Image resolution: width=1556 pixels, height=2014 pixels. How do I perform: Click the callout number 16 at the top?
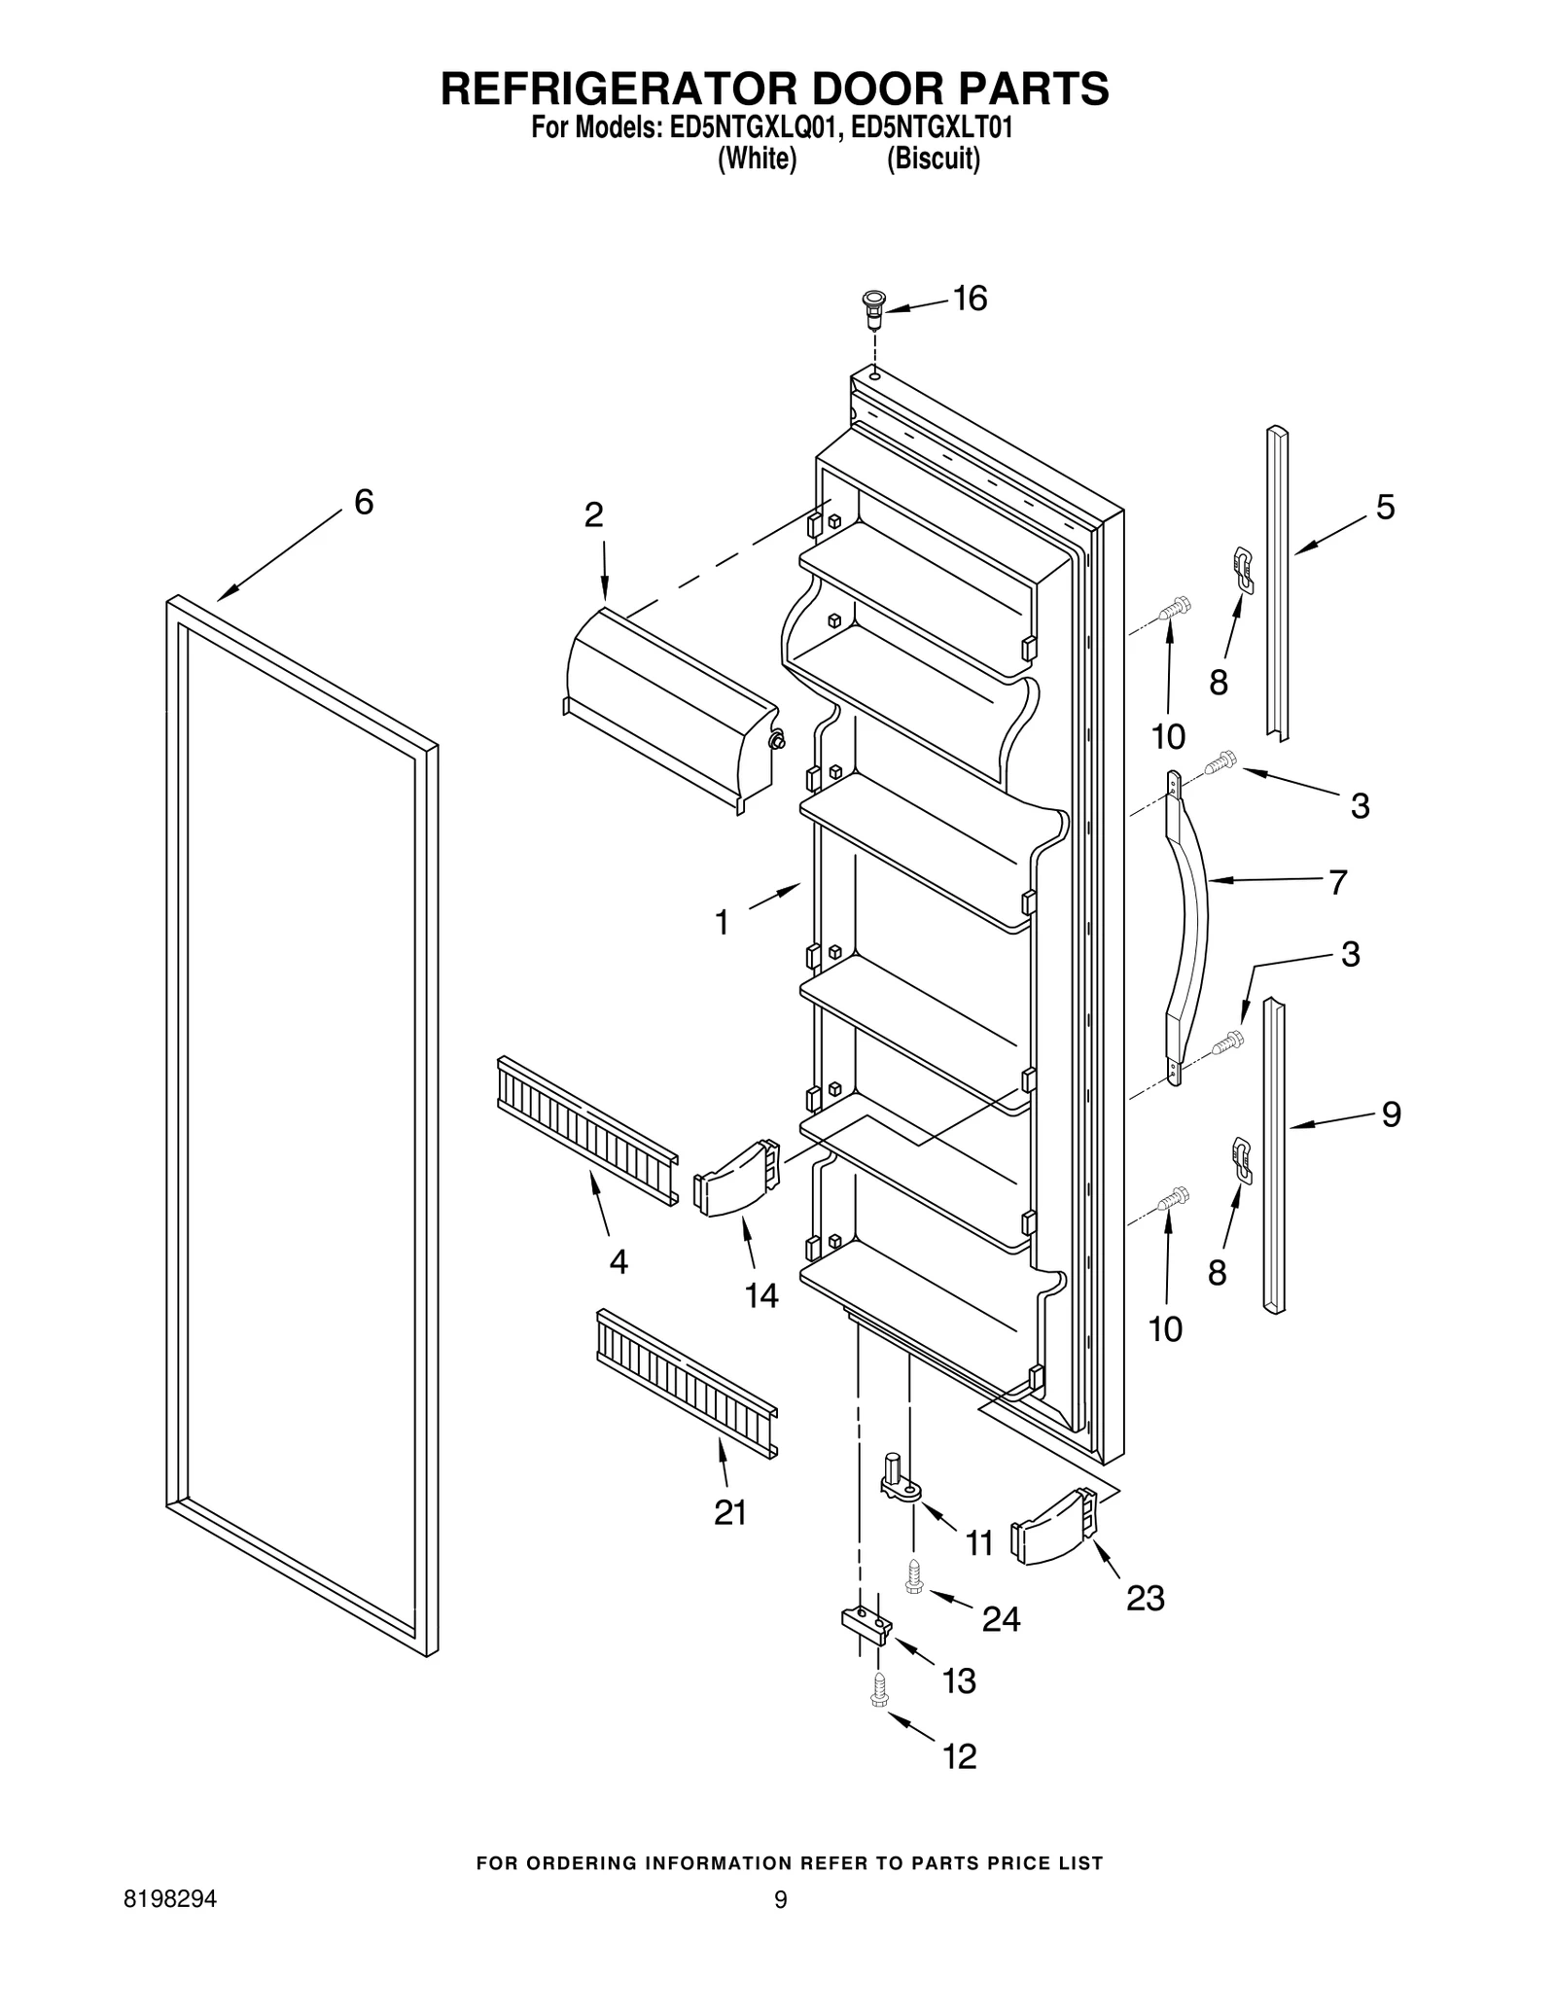(970, 299)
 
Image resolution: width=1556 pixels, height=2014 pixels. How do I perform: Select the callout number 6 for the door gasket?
(364, 502)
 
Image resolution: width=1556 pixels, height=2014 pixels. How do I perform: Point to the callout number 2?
(593, 514)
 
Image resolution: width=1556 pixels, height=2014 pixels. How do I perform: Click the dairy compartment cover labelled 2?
(671, 710)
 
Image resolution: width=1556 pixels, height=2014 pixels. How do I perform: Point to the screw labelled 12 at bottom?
(880, 1693)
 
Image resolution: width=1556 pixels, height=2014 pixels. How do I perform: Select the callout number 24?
(1001, 1618)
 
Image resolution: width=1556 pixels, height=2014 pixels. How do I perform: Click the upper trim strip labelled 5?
(1277, 583)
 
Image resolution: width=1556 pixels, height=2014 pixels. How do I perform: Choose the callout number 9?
(1391, 1113)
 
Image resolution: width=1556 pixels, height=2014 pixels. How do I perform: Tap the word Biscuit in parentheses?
(933, 159)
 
